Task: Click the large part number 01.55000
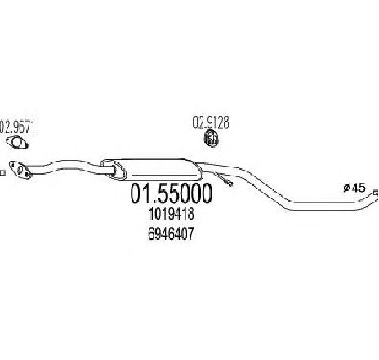pos(171,193)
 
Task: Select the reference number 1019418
pos(172,214)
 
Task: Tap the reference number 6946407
pos(171,233)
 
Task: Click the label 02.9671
pos(17,127)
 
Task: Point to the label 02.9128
pos(211,122)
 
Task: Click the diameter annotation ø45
pos(354,188)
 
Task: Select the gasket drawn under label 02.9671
pos(17,142)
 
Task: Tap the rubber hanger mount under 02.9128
pos(212,139)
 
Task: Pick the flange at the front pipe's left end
pos(20,171)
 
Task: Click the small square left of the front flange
pos(2,173)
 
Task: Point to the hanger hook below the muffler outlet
pos(223,178)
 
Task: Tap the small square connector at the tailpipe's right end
pos(376,193)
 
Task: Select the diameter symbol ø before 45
pos(346,188)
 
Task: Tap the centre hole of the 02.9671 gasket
pos(17,142)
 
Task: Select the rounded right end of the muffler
pos(198,172)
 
